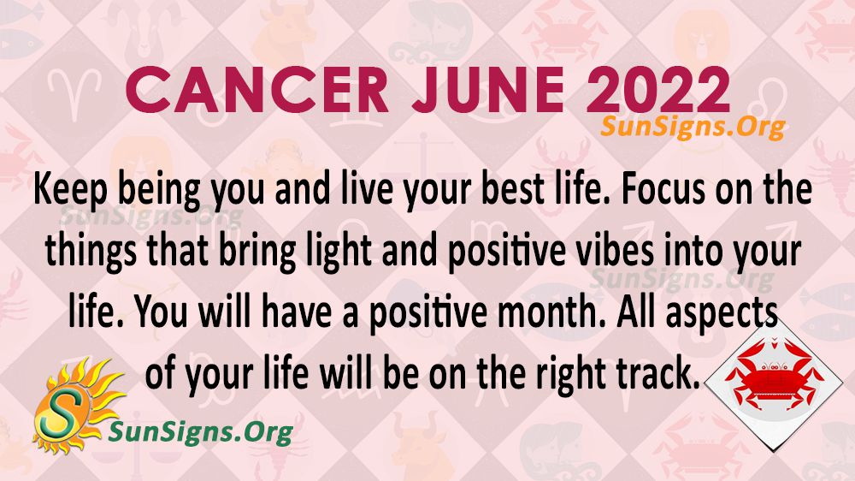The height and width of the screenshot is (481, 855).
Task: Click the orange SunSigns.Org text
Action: click(693, 127)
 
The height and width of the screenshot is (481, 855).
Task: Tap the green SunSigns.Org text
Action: click(201, 432)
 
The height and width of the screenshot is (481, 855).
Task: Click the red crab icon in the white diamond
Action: click(775, 374)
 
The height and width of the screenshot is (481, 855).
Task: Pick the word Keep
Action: click(70, 190)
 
